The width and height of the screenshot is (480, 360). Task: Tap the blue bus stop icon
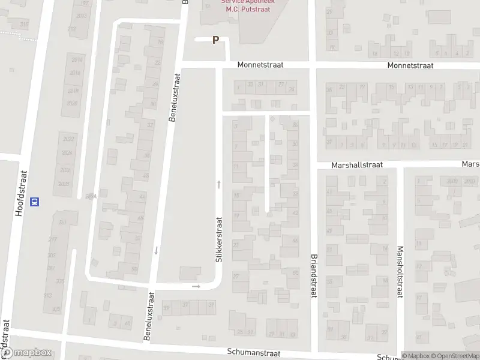[x=35, y=202]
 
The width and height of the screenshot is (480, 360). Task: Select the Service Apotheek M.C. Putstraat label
[x=251, y=6]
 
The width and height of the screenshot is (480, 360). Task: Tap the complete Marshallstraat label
[x=357, y=164]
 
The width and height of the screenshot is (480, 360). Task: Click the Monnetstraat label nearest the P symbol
[x=260, y=65]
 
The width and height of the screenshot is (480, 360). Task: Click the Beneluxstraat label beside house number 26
[x=175, y=98]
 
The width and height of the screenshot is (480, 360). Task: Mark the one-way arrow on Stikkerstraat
[x=219, y=184]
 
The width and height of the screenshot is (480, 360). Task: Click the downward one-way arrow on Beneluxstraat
[x=155, y=250]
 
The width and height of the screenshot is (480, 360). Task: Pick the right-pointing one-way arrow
[x=196, y=286]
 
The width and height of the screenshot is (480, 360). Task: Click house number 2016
[x=74, y=73]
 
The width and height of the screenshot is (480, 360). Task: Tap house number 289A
[x=91, y=196]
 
